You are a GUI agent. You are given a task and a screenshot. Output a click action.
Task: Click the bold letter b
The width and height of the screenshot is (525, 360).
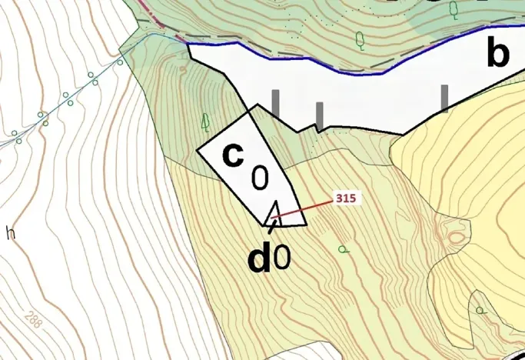tap(498, 53)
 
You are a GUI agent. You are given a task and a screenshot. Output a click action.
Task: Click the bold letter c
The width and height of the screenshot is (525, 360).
tap(232, 155)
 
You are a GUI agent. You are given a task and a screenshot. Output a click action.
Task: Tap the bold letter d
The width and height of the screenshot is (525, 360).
tap(259, 260)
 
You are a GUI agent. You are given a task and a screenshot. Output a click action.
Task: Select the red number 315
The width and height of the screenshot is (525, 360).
tap(345, 198)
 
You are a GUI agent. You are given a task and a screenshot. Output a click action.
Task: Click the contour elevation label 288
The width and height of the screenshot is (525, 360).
tap(33, 318)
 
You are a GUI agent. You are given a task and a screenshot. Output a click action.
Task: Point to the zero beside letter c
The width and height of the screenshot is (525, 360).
tap(260, 178)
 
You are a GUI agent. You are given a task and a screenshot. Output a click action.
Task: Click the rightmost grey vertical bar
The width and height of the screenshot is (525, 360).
tap(445, 98)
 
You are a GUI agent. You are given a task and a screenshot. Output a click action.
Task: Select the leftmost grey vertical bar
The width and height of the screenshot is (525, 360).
tap(275, 103)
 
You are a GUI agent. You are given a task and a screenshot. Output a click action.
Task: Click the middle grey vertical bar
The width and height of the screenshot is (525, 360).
tap(319, 115)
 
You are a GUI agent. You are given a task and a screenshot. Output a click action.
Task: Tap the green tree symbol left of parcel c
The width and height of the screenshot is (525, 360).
tap(205, 121)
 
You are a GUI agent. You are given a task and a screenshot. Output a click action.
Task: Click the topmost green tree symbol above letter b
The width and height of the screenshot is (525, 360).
tap(454, 9)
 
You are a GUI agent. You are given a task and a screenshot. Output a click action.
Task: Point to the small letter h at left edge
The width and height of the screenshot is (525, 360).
tap(10, 232)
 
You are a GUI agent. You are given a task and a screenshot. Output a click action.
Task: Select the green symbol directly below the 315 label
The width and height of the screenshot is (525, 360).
tap(343, 248)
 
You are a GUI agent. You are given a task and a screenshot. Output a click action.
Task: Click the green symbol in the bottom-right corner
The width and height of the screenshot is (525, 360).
tap(480, 311)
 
